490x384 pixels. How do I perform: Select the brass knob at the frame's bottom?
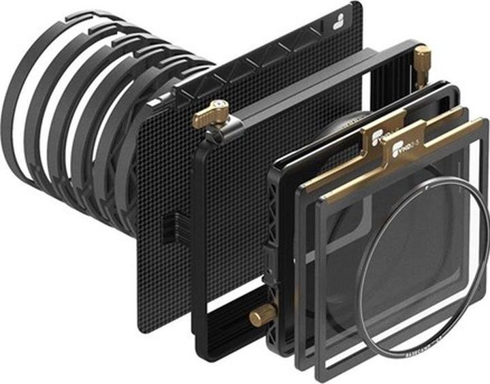click(x=261, y=315)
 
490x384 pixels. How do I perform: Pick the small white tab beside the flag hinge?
click(x=156, y=102)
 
